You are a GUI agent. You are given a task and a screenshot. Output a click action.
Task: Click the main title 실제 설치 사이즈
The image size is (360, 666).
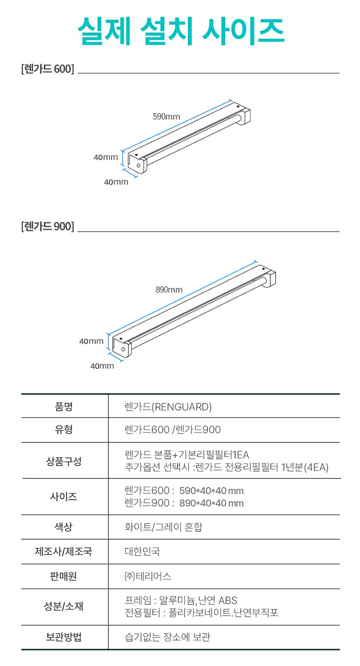[x=181, y=31]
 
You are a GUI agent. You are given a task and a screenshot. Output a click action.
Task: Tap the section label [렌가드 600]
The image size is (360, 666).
[x=48, y=69]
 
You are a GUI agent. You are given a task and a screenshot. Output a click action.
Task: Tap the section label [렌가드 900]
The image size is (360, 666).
[x=48, y=226]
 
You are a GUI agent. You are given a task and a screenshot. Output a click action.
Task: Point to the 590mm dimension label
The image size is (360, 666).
[x=166, y=117]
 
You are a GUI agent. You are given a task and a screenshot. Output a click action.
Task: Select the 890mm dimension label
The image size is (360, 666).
[x=169, y=290]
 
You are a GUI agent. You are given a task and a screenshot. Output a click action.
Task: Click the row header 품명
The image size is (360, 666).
[x=63, y=406]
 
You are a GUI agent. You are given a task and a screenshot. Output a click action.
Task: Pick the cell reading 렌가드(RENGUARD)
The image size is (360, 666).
[x=168, y=407]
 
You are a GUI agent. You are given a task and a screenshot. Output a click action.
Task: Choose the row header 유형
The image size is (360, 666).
[x=63, y=429]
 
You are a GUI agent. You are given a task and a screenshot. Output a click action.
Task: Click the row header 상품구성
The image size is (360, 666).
[x=63, y=461]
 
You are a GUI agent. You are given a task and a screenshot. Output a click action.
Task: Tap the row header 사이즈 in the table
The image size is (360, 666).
[x=63, y=496]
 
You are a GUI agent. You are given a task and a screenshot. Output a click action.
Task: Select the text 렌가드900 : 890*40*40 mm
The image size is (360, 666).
[x=184, y=503]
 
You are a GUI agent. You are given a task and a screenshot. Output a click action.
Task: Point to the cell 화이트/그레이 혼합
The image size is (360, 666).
[x=163, y=527]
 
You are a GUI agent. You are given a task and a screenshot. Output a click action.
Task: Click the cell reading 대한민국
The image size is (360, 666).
[x=142, y=552]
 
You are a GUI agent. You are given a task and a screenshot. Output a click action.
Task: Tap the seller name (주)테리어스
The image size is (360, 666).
[x=148, y=576]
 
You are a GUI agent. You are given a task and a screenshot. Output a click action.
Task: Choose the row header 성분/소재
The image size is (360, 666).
[x=63, y=606]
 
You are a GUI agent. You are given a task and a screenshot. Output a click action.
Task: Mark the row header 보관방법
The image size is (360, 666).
[x=63, y=637]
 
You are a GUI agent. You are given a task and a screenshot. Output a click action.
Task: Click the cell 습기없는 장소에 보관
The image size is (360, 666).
[x=167, y=637]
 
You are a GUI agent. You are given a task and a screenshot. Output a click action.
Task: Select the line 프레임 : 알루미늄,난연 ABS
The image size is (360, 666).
[x=181, y=600]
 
